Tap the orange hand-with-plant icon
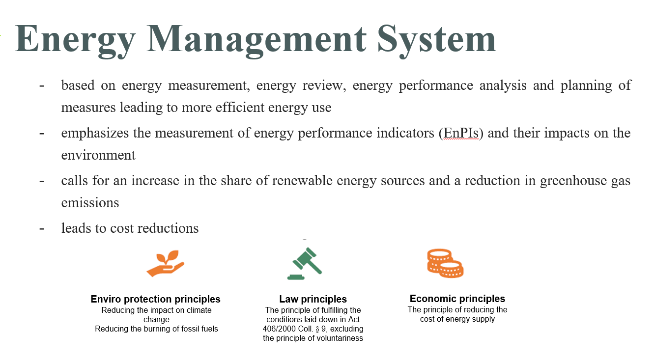coord(166,263)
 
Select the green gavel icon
coord(305,263)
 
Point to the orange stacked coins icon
coord(445,263)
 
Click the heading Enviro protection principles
coord(156,299)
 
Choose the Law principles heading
coord(313,299)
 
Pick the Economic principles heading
coord(457,299)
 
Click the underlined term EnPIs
coord(461,133)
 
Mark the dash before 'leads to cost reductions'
coord(42,228)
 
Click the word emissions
coord(90,203)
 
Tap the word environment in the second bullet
coord(98,155)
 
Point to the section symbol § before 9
coord(317,329)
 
